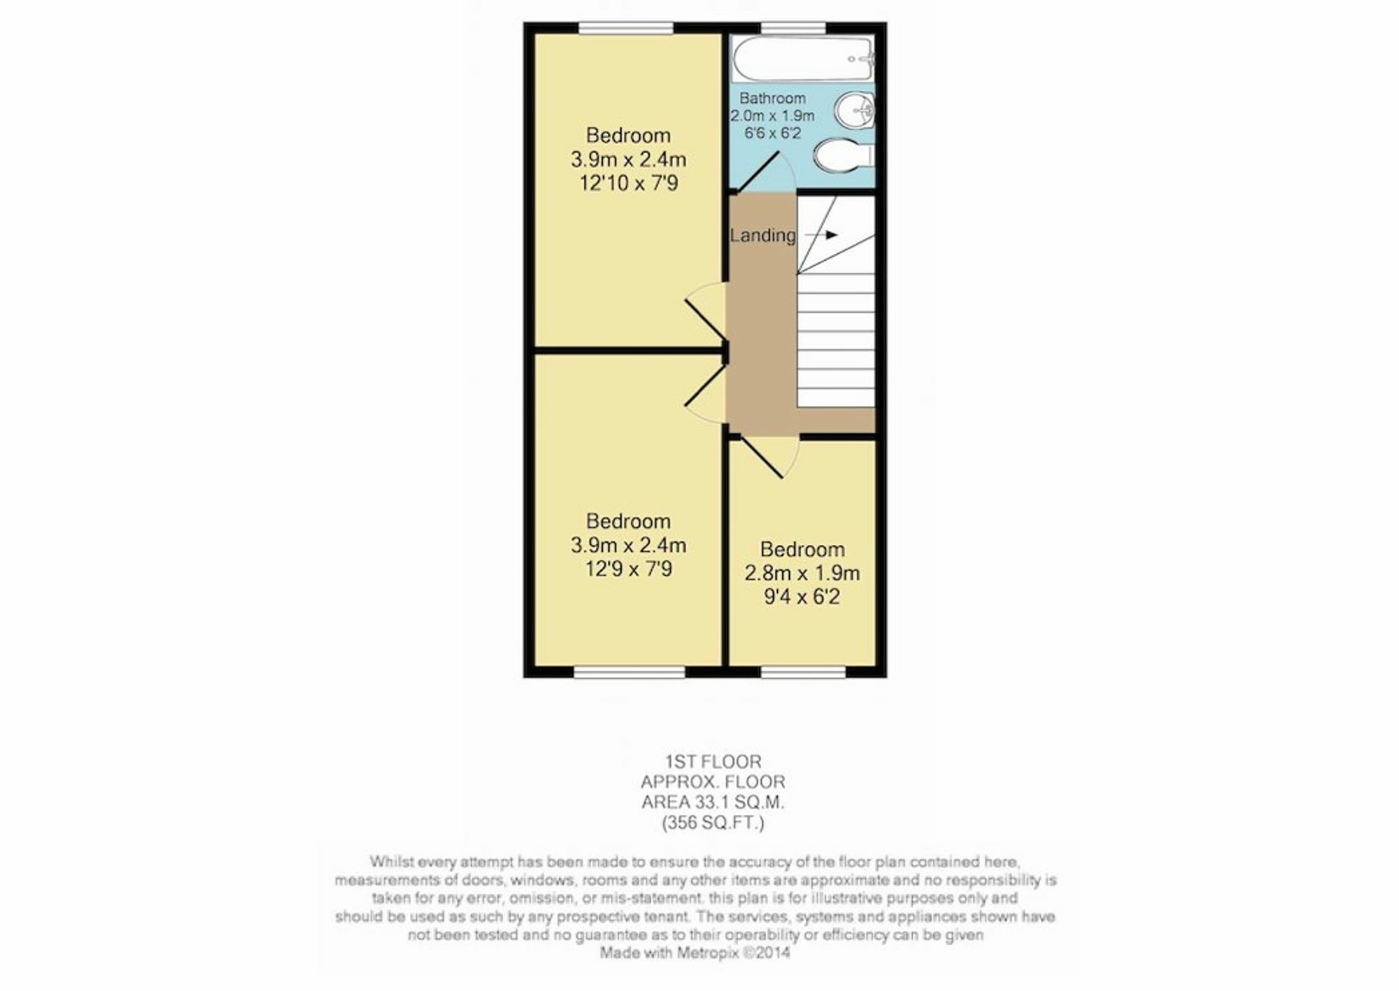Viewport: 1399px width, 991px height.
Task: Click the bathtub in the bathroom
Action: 802,58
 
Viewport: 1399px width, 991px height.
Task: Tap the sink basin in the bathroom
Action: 854,110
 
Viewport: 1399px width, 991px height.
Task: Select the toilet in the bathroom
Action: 845,154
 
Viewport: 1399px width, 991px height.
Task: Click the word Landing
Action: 762,235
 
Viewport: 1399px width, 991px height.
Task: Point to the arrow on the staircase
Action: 821,235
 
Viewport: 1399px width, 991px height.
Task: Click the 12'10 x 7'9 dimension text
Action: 628,183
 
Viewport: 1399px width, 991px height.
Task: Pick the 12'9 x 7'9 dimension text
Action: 628,569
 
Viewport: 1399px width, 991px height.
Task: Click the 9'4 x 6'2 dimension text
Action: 802,597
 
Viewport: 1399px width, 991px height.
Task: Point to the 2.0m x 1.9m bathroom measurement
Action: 772,115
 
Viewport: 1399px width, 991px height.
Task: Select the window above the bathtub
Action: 793,28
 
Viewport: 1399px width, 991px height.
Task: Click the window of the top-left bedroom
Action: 626,28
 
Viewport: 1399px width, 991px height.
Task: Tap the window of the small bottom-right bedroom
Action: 803,672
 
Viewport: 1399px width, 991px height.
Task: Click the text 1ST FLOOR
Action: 713,761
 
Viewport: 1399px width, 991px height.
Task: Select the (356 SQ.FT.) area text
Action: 713,822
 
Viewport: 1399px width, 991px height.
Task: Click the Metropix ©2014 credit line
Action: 695,953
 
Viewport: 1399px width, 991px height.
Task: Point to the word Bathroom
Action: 772,99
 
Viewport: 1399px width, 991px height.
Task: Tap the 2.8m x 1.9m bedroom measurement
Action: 802,573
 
